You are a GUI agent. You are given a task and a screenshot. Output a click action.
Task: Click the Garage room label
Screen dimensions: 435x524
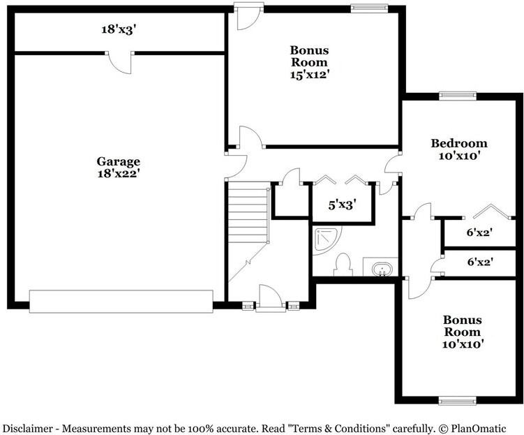pyautogui.click(x=118, y=161)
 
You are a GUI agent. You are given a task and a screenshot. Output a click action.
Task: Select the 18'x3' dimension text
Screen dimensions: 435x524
pyautogui.click(x=117, y=29)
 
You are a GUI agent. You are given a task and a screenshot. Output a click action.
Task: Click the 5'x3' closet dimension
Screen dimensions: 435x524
pyautogui.click(x=343, y=205)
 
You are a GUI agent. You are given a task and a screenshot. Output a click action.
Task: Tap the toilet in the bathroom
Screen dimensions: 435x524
pyautogui.click(x=343, y=265)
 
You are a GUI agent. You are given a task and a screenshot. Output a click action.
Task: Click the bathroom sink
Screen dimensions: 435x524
pyautogui.click(x=381, y=268)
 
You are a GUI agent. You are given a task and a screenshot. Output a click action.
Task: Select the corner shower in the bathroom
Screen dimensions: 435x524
pyautogui.click(x=324, y=239)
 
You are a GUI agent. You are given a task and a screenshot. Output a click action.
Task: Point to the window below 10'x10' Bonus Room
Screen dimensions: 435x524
pyautogui.click(x=458, y=401)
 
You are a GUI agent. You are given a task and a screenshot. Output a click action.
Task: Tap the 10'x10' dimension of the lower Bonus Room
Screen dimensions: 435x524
pyautogui.click(x=461, y=344)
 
